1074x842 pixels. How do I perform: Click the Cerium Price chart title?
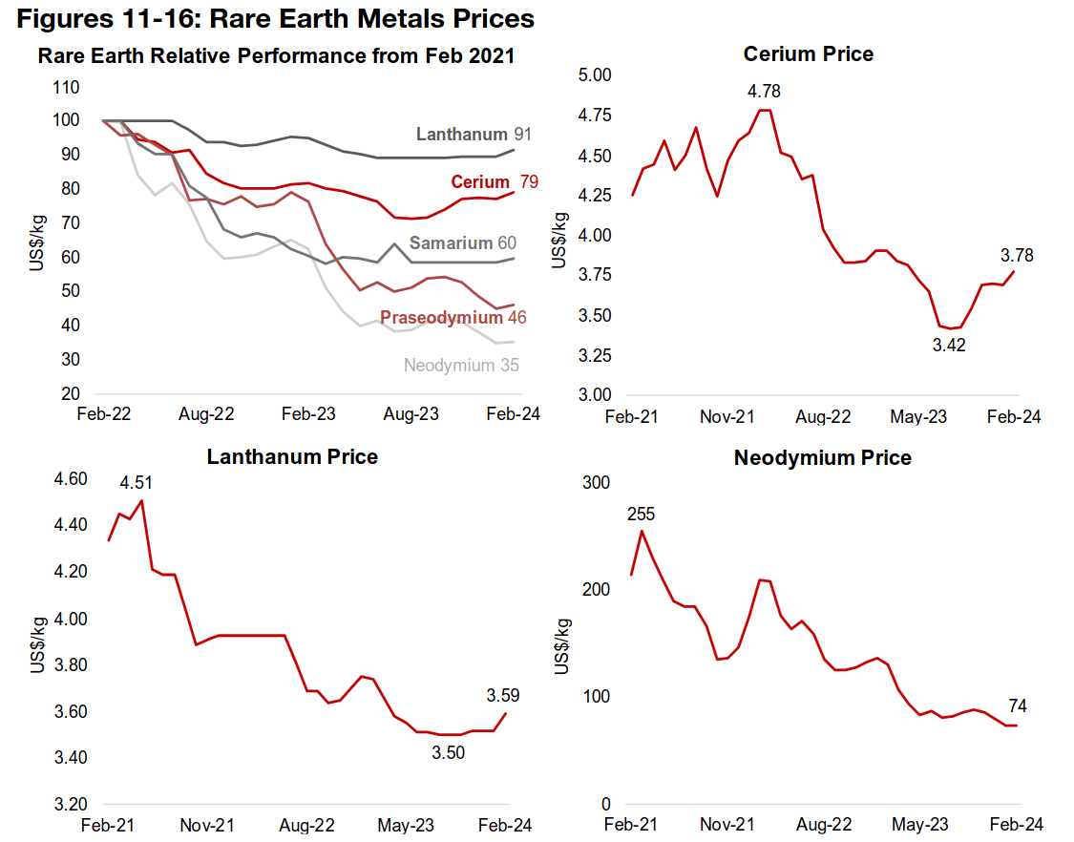tap(808, 53)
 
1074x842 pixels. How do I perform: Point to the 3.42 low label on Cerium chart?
tap(949, 346)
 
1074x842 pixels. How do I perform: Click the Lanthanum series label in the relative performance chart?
tap(460, 135)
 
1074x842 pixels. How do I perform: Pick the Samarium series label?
tap(451, 243)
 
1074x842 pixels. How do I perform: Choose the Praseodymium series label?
tap(440, 318)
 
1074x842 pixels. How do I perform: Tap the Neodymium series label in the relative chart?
tap(449, 366)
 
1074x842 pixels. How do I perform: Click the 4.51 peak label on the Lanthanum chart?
tap(136, 484)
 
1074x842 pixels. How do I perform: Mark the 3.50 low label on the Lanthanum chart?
tap(447, 753)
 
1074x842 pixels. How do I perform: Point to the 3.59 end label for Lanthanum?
tap(502, 695)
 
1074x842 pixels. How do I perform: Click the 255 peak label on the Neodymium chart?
tap(642, 515)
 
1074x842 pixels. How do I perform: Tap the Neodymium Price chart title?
tap(822, 458)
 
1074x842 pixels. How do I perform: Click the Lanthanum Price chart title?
tap(292, 457)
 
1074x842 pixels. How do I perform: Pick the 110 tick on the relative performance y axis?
tap(68, 87)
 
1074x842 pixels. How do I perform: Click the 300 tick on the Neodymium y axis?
tap(597, 483)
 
